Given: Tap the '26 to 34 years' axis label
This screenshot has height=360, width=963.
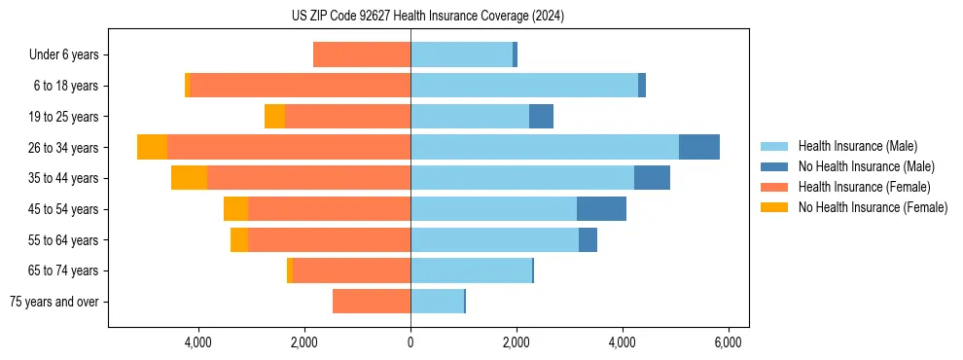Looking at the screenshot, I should (x=64, y=148).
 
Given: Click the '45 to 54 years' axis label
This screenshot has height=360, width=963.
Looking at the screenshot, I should (x=64, y=209).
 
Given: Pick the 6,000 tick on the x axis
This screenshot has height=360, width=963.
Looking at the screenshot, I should (x=729, y=342).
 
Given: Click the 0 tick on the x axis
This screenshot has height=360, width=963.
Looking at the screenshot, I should (x=410, y=342).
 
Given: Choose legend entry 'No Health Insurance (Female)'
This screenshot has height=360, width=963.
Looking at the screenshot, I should (x=873, y=207).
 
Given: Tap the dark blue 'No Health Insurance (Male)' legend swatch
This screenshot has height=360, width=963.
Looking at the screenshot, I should (x=775, y=166).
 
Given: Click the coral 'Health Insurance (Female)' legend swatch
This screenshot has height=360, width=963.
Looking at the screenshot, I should (x=775, y=187).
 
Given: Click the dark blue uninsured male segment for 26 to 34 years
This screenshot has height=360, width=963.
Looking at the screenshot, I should (x=698, y=147).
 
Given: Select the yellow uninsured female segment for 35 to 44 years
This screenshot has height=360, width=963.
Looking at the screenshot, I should (x=189, y=178).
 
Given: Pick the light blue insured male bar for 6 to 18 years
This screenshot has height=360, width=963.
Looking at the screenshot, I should (x=524, y=86).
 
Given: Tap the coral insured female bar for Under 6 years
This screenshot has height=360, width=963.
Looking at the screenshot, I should (x=362, y=54).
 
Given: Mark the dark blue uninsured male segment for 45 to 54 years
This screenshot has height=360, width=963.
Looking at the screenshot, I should (x=601, y=209).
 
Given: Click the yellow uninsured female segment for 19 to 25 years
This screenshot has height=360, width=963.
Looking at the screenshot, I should (x=274, y=117).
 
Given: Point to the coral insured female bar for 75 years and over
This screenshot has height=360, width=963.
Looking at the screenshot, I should (x=372, y=302).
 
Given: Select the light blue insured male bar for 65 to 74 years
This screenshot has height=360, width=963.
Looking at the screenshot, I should (x=471, y=270).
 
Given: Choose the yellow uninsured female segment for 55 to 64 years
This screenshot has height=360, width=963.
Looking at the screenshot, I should (x=239, y=239).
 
